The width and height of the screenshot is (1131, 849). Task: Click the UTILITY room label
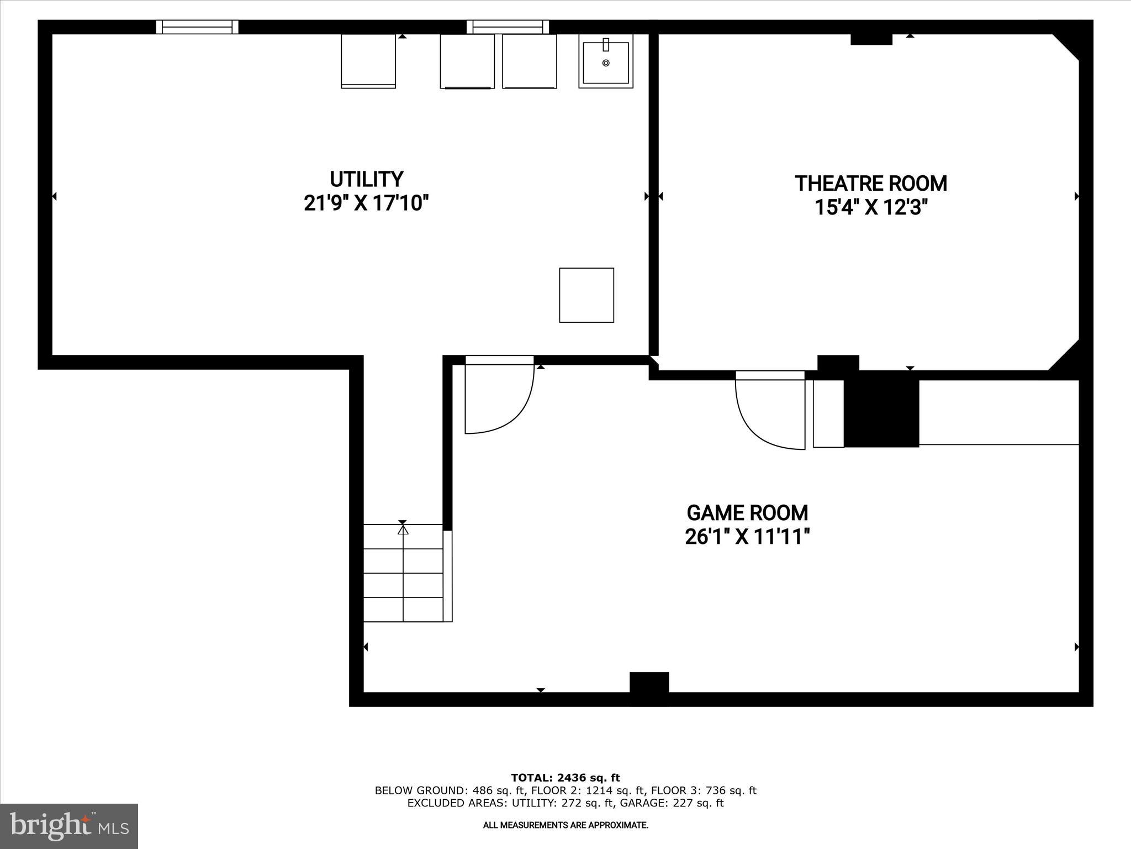tap(366, 179)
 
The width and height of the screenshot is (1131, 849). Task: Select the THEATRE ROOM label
tap(870, 184)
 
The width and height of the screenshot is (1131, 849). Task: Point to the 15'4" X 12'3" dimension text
tap(870, 208)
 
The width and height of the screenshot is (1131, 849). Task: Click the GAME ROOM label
tap(747, 513)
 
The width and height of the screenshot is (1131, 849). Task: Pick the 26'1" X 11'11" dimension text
tap(747, 537)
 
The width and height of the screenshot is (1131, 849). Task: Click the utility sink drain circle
tap(606, 63)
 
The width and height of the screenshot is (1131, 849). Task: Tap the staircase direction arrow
tap(403, 530)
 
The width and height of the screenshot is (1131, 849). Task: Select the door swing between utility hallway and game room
tap(497, 398)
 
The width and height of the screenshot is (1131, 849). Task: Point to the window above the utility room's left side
tap(197, 27)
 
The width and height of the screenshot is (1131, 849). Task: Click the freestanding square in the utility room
tap(586, 295)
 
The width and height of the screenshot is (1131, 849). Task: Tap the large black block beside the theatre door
tap(881, 409)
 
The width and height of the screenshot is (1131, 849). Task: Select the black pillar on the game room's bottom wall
tap(649, 688)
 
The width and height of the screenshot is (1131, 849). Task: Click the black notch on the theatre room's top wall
tap(871, 39)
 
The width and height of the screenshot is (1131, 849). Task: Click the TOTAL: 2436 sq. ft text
tap(565, 778)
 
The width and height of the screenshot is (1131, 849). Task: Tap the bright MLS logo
tap(69, 826)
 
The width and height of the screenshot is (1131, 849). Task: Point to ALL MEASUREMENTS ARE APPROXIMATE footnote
tap(565, 825)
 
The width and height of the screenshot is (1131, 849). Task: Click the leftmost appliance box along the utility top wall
tap(368, 61)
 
